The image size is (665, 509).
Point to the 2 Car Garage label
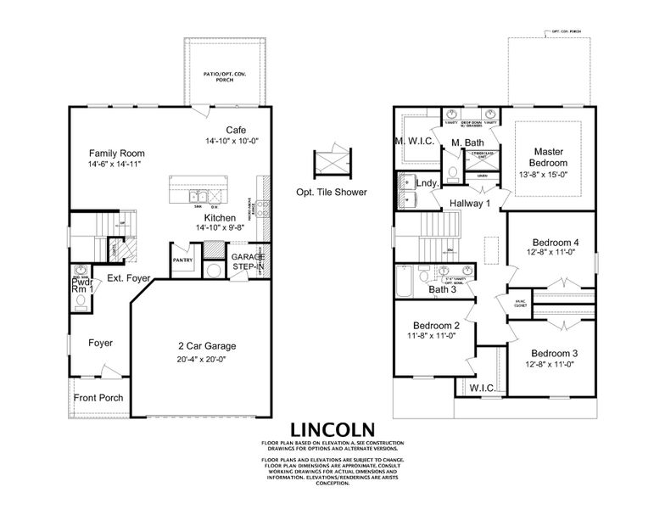pyautogui.click(x=207, y=345)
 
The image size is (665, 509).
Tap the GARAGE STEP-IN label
pyautogui.click(x=249, y=261)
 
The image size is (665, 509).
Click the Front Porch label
pyautogui.click(x=98, y=397)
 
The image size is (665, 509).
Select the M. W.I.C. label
pyautogui.click(x=414, y=141)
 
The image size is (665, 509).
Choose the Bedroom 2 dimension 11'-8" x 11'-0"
pyautogui.click(x=437, y=336)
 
